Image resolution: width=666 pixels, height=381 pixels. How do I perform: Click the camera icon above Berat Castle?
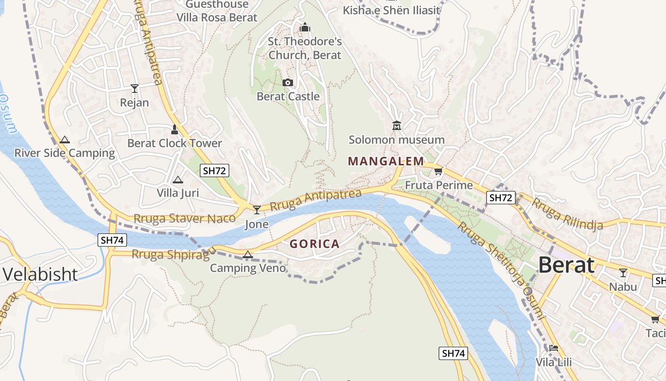[x=287, y=83]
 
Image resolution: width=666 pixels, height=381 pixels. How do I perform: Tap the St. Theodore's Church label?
[x=304, y=48]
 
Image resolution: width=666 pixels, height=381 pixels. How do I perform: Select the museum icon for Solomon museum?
[x=396, y=126]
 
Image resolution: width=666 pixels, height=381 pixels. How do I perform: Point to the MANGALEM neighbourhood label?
[x=386, y=161]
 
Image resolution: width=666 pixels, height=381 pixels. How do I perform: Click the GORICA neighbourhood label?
[x=314, y=244]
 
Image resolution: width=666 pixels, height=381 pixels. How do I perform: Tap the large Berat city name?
[x=566, y=265]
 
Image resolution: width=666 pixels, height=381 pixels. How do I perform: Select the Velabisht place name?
[x=40, y=274]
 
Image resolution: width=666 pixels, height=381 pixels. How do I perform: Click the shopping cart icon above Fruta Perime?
[x=438, y=171]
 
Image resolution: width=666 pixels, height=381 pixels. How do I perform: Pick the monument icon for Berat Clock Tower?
[x=175, y=130]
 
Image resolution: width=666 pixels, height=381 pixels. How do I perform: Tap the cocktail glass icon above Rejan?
[x=135, y=89]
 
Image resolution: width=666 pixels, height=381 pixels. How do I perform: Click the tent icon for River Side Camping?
[x=65, y=140]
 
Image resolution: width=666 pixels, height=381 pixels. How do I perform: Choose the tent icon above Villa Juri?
[x=178, y=180]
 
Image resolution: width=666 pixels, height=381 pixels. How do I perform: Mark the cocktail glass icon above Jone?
[x=257, y=210]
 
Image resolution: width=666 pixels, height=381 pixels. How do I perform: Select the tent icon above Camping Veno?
[x=247, y=255]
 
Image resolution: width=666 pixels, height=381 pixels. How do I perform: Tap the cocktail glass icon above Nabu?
[x=623, y=273]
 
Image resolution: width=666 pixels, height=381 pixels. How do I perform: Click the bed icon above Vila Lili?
[x=553, y=348]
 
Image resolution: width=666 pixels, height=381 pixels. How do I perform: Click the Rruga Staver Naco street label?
[x=185, y=219]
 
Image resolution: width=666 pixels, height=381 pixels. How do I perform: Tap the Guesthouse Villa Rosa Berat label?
[x=217, y=11]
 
